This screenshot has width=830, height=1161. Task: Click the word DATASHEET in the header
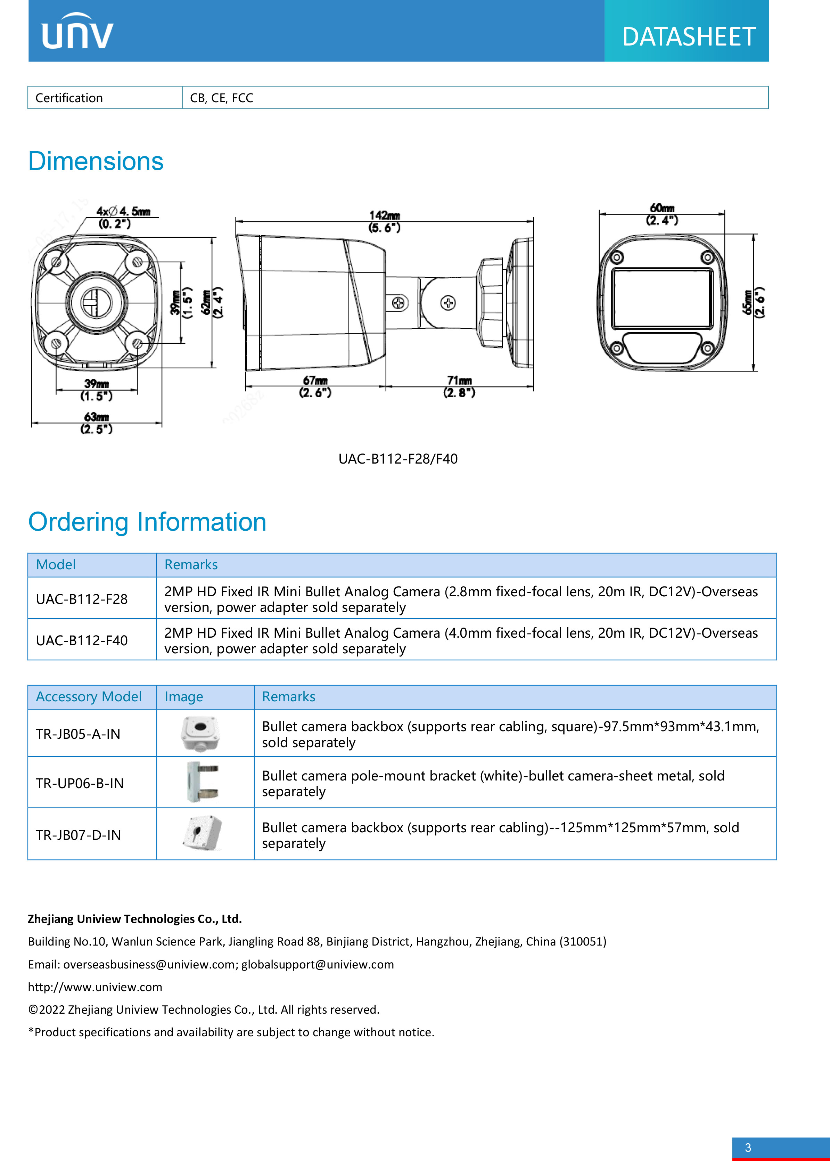689,37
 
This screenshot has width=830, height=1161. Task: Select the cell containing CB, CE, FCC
221,98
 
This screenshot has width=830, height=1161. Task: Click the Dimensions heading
96,162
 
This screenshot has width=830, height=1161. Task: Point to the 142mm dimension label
384,221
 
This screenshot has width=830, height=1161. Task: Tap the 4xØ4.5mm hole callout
122,217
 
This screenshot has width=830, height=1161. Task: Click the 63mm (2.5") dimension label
96,423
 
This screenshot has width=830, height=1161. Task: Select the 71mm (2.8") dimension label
459,386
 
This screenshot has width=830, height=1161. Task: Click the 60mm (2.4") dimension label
662,214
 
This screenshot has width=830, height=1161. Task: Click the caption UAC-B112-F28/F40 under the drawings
397,459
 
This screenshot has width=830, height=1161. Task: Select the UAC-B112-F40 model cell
82,640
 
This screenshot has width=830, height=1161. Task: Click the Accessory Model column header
88,696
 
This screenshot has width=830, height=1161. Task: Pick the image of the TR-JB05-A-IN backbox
200,733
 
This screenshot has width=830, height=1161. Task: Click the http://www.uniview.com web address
95,987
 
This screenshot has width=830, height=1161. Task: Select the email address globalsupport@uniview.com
318,964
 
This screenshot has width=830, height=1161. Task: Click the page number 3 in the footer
748,1148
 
